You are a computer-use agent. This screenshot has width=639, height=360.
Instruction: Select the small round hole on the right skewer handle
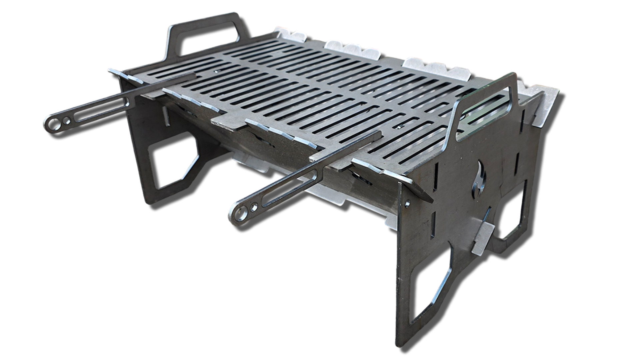(254, 207)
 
